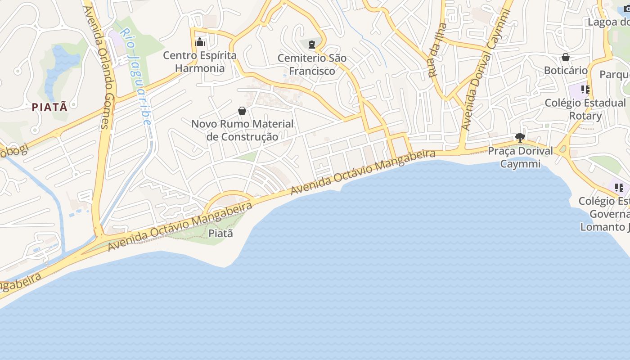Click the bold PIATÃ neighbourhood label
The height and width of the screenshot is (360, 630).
pyautogui.click(x=50, y=107)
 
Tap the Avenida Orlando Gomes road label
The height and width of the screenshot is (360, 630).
pyautogui.click(x=100, y=67)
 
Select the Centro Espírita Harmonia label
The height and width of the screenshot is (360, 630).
pyautogui.click(x=200, y=62)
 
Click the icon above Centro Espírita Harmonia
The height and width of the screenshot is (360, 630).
pyautogui.click(x=200, y=43)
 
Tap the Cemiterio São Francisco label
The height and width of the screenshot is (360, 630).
pyautogui.click(x=312, y=64)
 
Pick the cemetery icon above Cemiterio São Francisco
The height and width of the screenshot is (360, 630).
pyautogui.click(x=312, y=44)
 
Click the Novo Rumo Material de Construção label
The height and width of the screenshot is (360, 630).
pyautogui.click(x=242, y=130)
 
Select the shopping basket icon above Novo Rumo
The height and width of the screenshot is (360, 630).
pyautogui.click(x=242, y=111)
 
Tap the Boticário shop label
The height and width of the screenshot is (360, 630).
pyautogui.click(x=566, y=70)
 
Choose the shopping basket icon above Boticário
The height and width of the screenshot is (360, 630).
pyautogui.click(x=566, y=57)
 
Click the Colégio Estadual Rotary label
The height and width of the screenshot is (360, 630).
pyautogui.click(x=585, y=109)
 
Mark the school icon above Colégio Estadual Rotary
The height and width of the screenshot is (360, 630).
pyautogui.click(x=585, y=90)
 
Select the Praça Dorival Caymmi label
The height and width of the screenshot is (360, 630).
pyautogui.click(x=520, y=157)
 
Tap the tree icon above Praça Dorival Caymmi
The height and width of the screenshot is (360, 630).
pyautogui.click(x=520, y=137)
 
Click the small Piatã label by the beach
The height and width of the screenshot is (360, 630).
pyautogui.click(x=220, y=234)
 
